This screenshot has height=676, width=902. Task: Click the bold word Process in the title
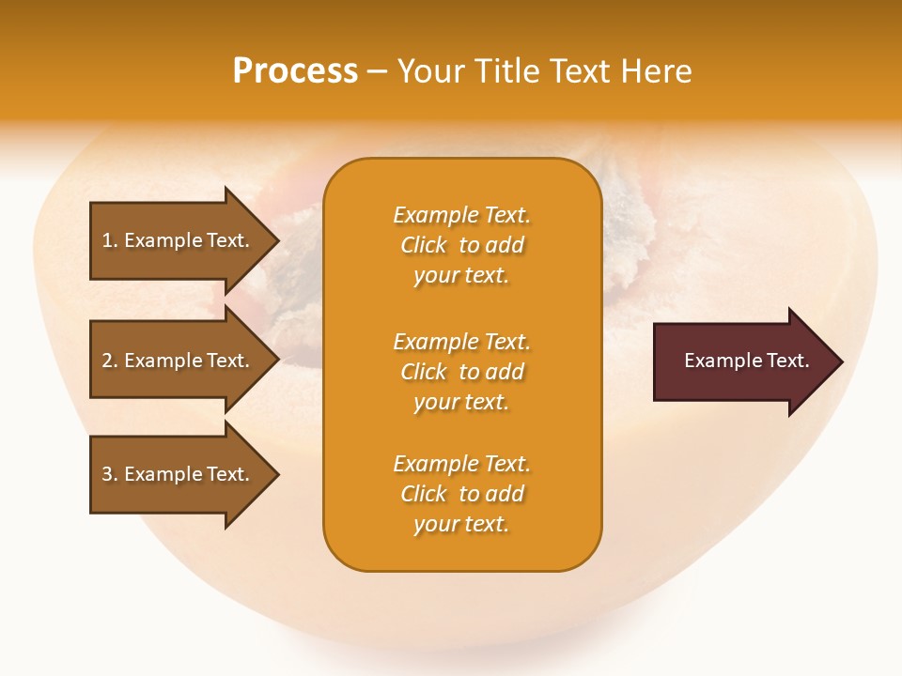[x=295, y=71]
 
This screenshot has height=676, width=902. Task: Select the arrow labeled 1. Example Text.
[x=179, y=240]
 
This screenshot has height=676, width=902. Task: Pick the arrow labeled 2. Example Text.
[x=179, y=361]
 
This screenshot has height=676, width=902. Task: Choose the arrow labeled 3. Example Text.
[x=179, y=474]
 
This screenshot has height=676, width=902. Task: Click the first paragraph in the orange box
[x=462, y=245]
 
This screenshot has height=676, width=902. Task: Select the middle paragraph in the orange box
[x=462, y=372]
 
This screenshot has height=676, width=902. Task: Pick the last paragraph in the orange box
[x=462, y=494]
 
